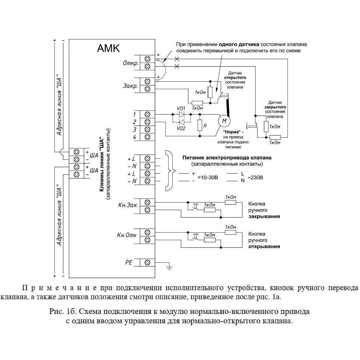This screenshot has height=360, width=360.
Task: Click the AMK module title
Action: [108, 48]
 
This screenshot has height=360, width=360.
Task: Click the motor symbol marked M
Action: [224, 120]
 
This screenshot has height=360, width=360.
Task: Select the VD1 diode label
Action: [181, 108]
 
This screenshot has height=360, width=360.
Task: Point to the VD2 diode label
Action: [181, 128]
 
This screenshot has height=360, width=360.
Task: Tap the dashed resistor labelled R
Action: [200, 126]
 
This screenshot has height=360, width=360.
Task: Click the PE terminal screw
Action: [148, 262]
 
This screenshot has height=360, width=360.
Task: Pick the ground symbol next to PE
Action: [169, 268]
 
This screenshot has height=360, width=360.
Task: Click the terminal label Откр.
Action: [131, 63]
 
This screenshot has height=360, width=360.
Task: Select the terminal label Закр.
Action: [130, 86]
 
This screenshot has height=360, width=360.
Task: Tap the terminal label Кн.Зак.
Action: [128, 205]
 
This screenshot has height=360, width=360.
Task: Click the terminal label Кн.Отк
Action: [127, 235]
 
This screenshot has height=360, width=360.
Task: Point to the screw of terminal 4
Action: [148, 137]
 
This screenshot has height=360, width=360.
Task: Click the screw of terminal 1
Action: [148, 114]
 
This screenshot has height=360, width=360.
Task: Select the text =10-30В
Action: [208, 177]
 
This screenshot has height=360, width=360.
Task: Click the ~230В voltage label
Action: [255, 177]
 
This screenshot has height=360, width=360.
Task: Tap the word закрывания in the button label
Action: [264, 216]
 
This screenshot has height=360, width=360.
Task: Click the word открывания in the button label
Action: [264, 246]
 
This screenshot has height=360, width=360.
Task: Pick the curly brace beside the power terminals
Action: [170, 170]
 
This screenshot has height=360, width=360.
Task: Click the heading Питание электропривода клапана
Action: [227, 158]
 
